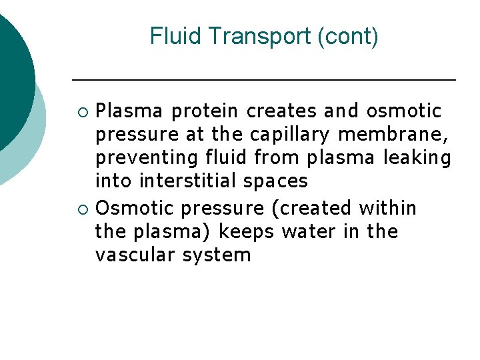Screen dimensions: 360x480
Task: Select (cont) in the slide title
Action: [348, 36]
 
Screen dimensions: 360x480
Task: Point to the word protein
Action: [207, 111]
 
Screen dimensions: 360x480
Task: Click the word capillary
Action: [290, 135]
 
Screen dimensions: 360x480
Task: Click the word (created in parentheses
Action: [312, 209]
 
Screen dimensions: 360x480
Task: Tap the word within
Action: [387, 208]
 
